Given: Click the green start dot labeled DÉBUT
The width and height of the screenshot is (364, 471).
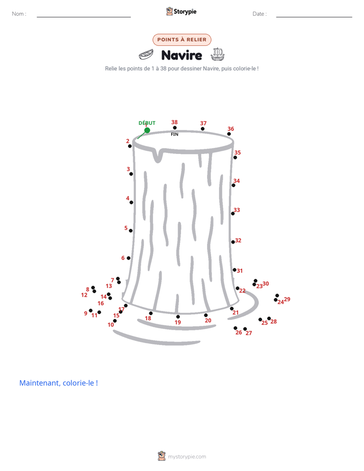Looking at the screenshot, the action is (x=147, y=130).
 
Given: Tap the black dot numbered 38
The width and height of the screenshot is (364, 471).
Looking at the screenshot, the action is (x=175, y=127).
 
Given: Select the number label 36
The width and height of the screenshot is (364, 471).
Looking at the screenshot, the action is (x=230, y=128).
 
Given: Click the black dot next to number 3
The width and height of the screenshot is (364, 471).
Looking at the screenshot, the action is (x=131, y=174).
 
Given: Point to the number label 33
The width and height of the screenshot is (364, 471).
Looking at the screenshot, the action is (x=237, y=210).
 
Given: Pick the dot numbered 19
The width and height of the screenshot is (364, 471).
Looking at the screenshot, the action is (x=178, y=317).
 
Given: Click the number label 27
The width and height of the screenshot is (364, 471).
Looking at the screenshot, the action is (x=249, y=333).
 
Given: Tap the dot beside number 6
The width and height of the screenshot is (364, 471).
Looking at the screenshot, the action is (x=128, y=258).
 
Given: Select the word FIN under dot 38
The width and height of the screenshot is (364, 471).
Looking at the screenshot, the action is (x=174, y=134).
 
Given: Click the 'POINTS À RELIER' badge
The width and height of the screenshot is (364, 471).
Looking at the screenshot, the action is (x=182, y=40).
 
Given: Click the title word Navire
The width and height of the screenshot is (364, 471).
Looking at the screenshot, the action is (x=181, y=55).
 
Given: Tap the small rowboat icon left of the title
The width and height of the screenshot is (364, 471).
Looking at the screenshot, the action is (x=146, y=55).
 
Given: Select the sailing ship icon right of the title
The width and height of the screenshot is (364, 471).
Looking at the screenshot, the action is (x=218, y=54).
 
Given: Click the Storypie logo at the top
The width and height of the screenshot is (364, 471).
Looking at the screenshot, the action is (x=181, y=11).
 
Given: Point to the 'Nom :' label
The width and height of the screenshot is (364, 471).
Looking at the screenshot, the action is (x=19, y=14).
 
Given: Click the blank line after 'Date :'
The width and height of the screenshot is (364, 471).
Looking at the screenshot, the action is (x=314, y=17).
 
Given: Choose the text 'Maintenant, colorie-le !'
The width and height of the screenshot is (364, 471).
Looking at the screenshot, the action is (x=59, y=383).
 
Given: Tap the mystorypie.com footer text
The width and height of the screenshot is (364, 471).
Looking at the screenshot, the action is (x=187, y=457).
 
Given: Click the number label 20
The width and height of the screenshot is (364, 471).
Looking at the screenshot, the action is (x=208, y=321).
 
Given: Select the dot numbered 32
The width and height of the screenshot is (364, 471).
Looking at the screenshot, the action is (x=233, y=242).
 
